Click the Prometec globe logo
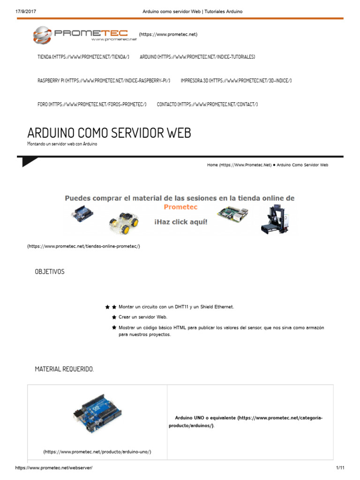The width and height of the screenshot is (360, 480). pos(43,35)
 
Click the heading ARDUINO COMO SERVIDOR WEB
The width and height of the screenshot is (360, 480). pos(109,133)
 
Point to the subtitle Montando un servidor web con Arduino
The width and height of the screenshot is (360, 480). pos(62,144)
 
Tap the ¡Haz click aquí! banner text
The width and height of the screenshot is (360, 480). pos(180,218)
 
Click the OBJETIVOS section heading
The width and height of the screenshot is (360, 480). pos(50,272)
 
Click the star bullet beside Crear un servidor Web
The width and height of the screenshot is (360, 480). pos(114,317)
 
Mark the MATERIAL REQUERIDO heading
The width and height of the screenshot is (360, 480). pos(64,369)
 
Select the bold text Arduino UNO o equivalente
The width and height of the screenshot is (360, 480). pos(205,418)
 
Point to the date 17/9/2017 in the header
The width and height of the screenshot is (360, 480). pos(19,11)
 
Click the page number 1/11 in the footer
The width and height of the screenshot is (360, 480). pos(340,468)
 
